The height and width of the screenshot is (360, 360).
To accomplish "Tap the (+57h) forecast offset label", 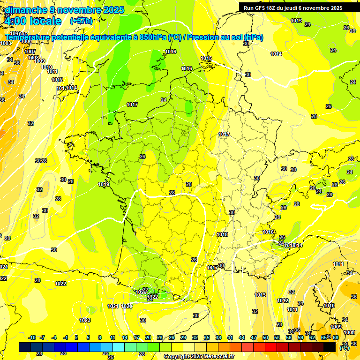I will click(x=81, y=21).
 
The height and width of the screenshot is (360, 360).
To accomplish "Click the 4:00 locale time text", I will click(x=33, y=21).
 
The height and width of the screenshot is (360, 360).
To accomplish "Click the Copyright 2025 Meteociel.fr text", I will click(x=199, y=356).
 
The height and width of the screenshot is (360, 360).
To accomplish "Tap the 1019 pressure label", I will click(x=104, y=184).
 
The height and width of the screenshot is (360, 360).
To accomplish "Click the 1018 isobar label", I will click(x=222, y=234).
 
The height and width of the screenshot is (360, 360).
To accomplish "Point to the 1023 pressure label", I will click(x=85, y=320).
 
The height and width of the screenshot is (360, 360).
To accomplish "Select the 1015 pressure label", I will click(x=206, y=59).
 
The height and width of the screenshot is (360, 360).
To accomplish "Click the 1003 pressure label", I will click(x=6, y=43).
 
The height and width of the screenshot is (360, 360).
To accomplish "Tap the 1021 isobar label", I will click(x=113, y=306).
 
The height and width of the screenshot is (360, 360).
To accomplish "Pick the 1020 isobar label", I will click(x=127, y=306).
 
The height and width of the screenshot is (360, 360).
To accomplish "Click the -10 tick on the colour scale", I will click(x=32, y=337).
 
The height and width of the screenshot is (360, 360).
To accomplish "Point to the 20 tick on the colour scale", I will click(x=148, y=337).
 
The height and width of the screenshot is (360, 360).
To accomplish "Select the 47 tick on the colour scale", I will click(x=254, y=337).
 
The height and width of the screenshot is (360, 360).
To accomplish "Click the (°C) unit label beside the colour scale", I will click(x=344, y=347).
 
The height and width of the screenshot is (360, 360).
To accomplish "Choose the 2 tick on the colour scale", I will click(x=76, y=337).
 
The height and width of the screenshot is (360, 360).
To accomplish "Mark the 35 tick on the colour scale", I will click(x=207, y=337).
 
